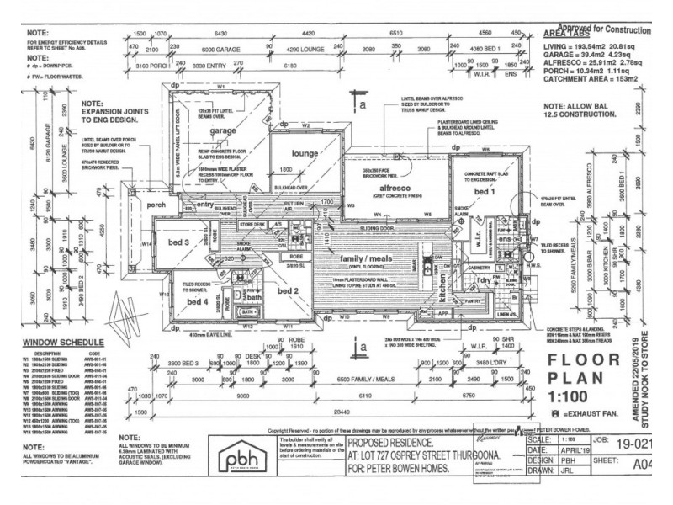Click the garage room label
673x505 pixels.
[224, 132]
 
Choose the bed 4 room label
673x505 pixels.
[197, 301]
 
